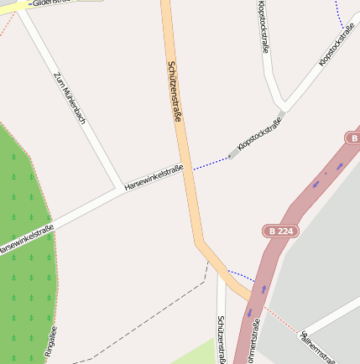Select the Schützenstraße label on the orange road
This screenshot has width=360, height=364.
[175, 91]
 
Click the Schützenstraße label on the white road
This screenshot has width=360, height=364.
[221, 339]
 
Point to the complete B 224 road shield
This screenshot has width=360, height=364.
[279, 231]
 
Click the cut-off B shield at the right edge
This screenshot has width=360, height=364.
[352, 138]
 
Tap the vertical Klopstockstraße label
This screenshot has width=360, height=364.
[263, 27]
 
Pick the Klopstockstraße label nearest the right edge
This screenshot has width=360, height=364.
[338, 46]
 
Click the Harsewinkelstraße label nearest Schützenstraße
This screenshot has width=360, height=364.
[154, 178]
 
